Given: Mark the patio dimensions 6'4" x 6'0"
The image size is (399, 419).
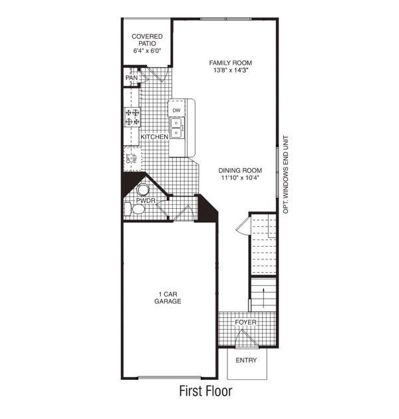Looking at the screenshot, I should (x=147, y=51).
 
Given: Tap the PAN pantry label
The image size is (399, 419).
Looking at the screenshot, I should (x=132, y=78).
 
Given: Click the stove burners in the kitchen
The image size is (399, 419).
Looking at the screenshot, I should (x=132, y=118).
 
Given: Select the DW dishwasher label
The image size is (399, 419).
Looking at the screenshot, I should (x=176, y=110).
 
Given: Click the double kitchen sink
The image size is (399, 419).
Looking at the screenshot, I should (x=176, y=127).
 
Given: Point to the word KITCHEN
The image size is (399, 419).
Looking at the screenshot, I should (x=154, y=137).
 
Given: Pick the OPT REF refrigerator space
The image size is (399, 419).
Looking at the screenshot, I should (x=131, y=159).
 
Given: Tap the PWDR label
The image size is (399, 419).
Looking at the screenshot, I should (x=146, y=200).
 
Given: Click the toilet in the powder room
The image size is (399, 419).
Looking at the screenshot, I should (x=138, y=209).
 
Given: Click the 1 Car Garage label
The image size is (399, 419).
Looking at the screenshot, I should (x=170, y=297).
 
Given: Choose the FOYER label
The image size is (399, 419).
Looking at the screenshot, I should (x=245, y=323).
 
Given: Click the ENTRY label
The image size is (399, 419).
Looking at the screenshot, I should (x=246, y=360).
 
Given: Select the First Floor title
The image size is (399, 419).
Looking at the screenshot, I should (x=205, y=392).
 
